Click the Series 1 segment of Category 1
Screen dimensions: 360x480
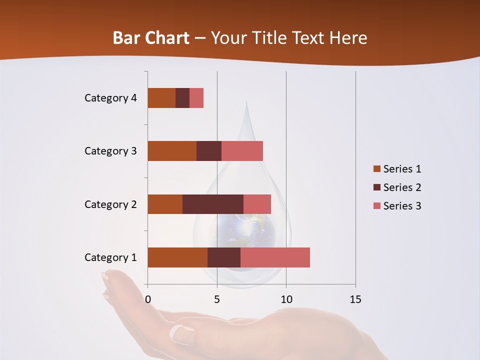[177, 257]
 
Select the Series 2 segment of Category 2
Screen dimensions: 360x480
[213, 204]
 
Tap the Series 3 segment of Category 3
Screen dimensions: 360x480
[242, 151]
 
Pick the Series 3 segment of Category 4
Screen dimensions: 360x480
[196, 98]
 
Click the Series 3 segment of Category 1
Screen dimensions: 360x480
[275, 257]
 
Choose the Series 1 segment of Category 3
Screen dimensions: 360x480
[172, 151]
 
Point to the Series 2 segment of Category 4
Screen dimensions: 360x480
[182, 98]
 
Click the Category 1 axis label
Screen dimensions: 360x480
[110, 257]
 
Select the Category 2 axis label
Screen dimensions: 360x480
[110, 204]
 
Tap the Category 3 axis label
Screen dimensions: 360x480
[110, 151]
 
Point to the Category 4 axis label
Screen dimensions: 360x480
[110, 98]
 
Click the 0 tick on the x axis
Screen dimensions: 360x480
[148, 299]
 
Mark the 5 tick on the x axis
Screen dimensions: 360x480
[217, 299]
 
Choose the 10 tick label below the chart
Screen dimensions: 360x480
[286, 299]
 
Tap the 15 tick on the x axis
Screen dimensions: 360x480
[355, 299]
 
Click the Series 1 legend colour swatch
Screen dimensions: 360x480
[376, 169]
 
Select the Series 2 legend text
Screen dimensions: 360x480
[402, 187]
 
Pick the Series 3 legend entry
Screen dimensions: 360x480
[397, 206]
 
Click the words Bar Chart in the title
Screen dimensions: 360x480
[151, 38]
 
